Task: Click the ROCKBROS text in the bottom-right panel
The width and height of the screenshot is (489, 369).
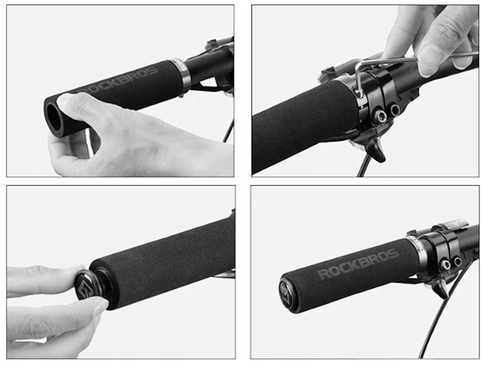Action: pos(358,264)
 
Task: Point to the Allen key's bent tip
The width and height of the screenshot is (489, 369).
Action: pos(359,90)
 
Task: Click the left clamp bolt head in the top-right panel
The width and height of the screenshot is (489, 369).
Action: pos(381,116)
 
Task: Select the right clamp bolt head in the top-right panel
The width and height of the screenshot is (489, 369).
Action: pos(395,109)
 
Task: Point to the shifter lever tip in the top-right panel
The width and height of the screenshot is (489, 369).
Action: pos(381,158)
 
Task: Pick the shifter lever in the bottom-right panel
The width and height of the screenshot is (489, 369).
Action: pos(438,287)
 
